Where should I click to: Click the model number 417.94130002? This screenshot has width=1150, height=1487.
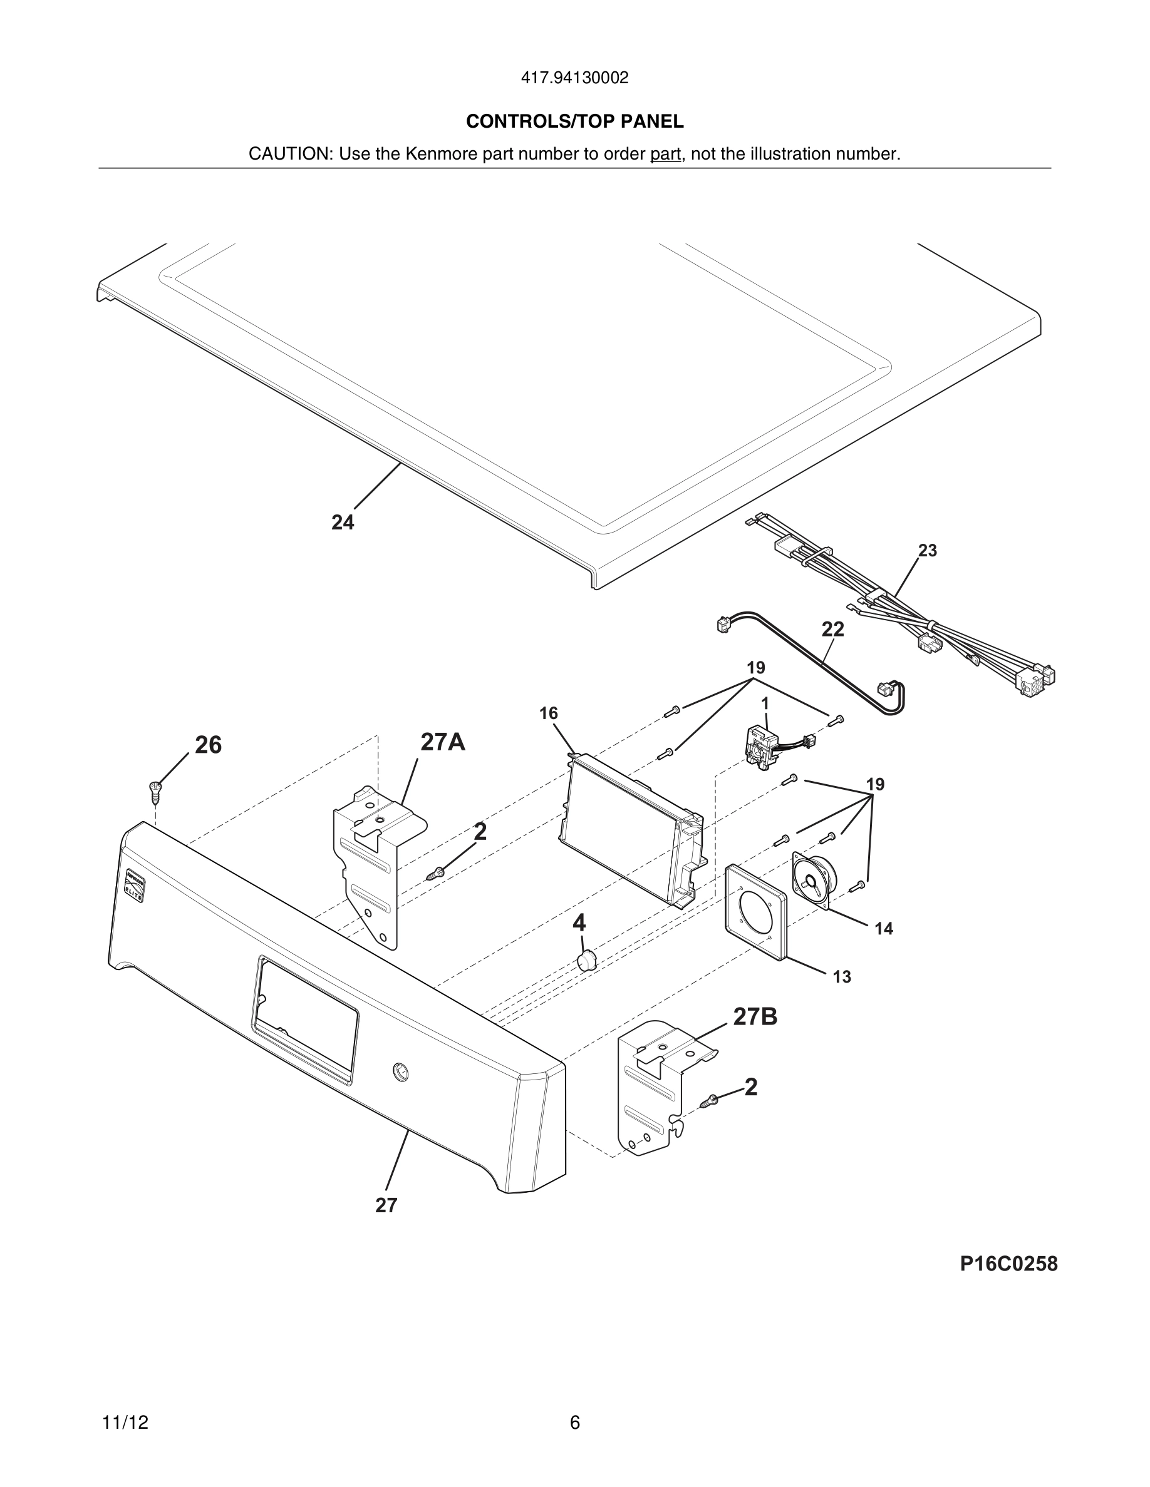click(x=574, y=78)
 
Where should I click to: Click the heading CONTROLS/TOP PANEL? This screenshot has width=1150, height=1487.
click(x=574, y=121)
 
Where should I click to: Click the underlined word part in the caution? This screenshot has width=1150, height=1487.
click(x=666, y=154)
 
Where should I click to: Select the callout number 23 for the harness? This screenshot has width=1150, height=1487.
click(x=927, y=550)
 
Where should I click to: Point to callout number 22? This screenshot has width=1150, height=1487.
click(x=832, y=629)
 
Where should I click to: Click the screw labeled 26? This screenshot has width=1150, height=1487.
click(x=155, y=790)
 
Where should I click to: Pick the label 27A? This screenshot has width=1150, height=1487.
click(x=443, y=742)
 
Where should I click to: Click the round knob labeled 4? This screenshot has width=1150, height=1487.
click(x=585, y=961)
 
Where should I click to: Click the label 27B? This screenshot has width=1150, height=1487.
click(x=755, y=1016)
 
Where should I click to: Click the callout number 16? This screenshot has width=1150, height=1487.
click(x=549, y=713)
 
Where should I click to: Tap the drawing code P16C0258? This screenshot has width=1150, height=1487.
click(x=1008, y=1264)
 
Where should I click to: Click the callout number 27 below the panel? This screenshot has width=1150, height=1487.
click(x=386, y=1205)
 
